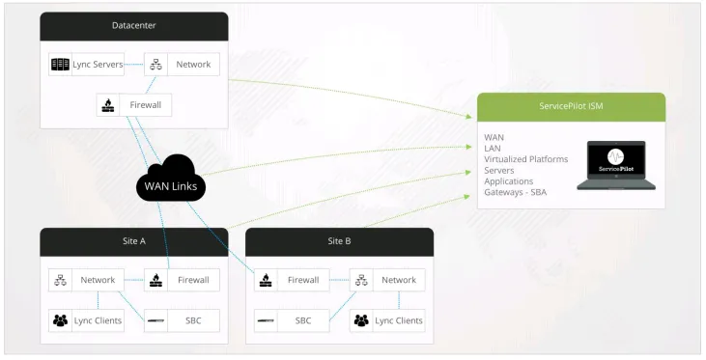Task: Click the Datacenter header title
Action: click(x=133, y=24)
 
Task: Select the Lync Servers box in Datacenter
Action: click(x=86, y=66)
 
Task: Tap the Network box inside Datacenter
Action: click(x=183, y=66)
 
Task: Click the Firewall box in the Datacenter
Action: click(x=134, y=105)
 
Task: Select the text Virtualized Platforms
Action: click(x=525, y=159)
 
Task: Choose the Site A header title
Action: click(x=133, y=240)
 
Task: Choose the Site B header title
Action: click(x=340, y=240)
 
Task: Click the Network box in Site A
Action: click(x=86, y=280)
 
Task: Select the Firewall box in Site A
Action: click(x=183, y=280)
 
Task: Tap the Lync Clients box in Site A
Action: click(x=86, y=319)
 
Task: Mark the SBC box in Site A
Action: click(x=183, y=319)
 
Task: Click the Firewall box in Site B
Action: click(x=291, y=280)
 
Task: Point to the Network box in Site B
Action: click(x=386, y=280)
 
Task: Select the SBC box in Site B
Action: click(x=291, y=319)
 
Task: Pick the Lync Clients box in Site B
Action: click(x=386, y=319)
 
